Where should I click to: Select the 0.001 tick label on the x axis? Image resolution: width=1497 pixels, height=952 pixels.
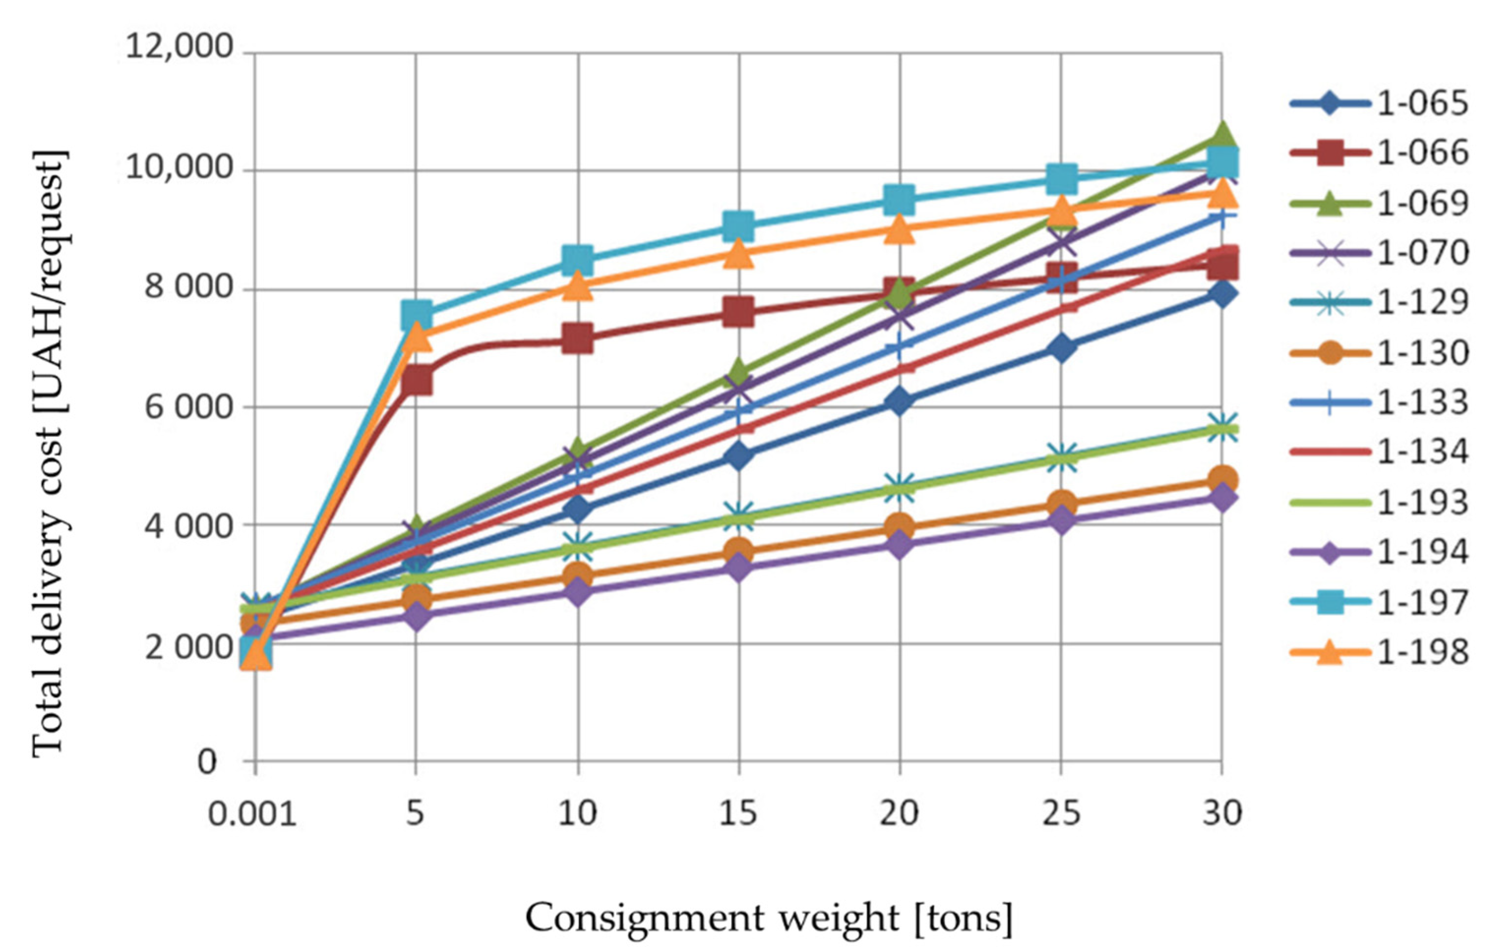pos(252,813)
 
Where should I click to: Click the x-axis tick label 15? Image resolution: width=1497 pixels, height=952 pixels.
pos(738,813)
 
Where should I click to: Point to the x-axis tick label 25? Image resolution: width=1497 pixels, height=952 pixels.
pos(1061,813)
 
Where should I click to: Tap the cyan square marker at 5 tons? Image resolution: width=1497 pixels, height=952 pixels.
pos(417,314)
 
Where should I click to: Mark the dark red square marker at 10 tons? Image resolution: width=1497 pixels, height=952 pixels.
pos(577,339)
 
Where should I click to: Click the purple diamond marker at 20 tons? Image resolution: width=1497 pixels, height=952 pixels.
pos(899,545)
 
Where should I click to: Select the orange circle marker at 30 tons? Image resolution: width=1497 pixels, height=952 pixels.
pos(1222,480)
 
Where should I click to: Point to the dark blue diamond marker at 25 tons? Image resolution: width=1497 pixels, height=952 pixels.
pos(1061,348)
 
